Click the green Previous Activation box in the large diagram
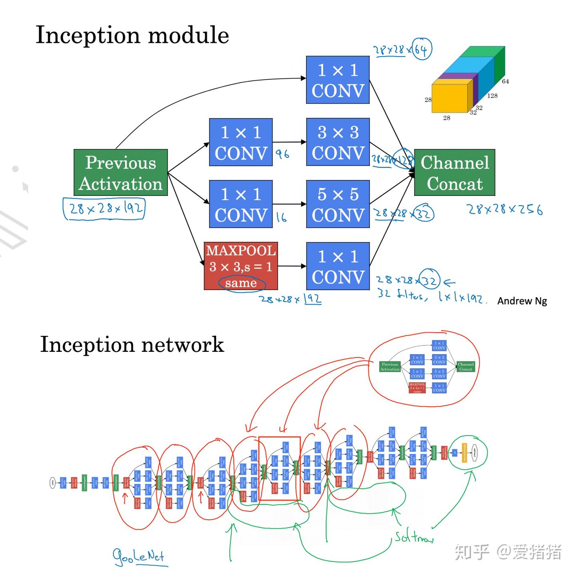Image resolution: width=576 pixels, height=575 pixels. pos(120,173)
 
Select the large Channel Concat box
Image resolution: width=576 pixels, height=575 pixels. pos(454,173)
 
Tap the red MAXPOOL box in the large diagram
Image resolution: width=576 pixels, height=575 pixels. pos(240,266)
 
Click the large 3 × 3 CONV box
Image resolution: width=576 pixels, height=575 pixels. pos(338,142)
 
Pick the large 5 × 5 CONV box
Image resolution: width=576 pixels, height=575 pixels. pos(338,204)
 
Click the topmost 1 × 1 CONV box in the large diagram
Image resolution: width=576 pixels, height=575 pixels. pos(338,80)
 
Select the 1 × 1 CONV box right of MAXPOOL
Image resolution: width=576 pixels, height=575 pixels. pos(338,266)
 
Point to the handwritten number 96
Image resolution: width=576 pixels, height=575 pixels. pos(282,154)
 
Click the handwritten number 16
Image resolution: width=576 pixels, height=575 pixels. pos(282,217)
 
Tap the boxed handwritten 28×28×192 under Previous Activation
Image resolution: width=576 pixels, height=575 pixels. pos(104,208)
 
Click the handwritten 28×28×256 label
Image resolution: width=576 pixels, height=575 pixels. pos(505,209)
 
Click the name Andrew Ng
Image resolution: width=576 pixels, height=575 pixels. pos(522,301)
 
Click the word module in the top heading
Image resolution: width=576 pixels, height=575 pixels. pos(188,35)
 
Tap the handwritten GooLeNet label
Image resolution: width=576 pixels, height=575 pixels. pos(139,556)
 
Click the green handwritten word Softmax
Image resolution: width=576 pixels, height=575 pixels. pos(414,537)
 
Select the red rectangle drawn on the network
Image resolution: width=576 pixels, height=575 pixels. pos(280,468)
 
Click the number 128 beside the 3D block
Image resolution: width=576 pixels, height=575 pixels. pos(492,96)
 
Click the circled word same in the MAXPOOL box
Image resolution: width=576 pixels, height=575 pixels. pos(240,283)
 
